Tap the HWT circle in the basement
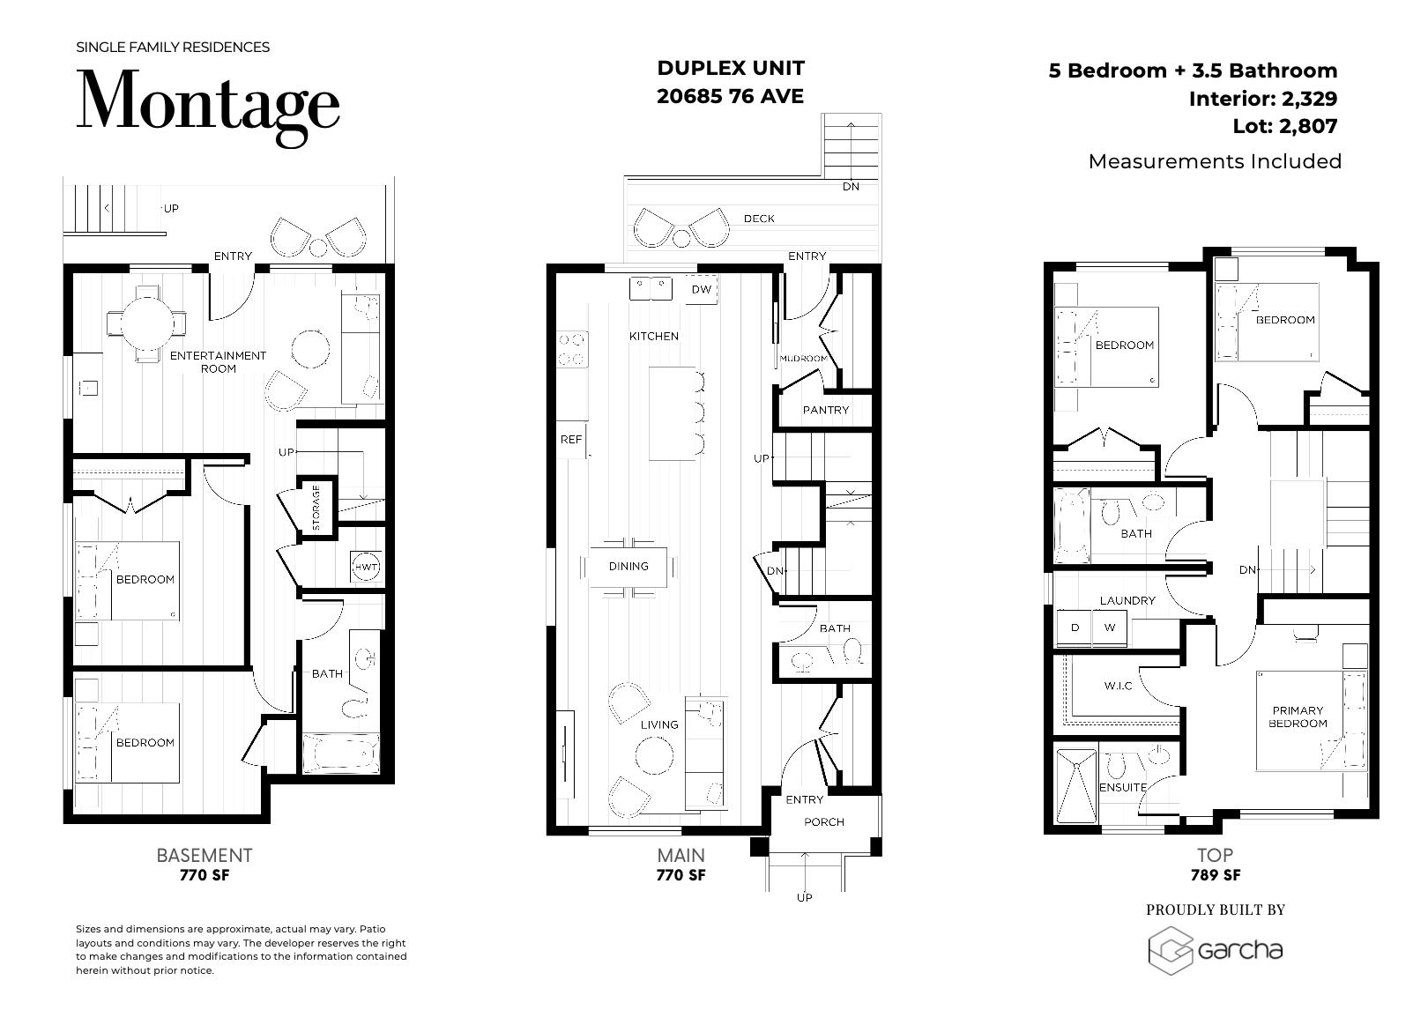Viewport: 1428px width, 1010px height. point(366,568)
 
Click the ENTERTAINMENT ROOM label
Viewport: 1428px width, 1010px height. point(218,361)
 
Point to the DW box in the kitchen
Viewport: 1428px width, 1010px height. point(701,290)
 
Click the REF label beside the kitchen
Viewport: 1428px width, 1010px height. point(571,439)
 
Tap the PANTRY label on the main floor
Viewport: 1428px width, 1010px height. point(825,410)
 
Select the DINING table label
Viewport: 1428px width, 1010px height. point(628,566)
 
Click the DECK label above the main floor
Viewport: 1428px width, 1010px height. point(759,219)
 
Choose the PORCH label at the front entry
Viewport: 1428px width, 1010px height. point(824,821)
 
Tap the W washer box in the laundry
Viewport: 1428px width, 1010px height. point(1110,628)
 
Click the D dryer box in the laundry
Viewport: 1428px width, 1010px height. point(1075,628)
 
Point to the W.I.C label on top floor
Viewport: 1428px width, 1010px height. point(1118,686)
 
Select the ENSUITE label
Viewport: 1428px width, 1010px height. point(1123,787)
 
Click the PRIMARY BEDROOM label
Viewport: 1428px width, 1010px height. point(1298,717)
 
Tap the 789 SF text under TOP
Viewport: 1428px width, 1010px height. point(1216,875)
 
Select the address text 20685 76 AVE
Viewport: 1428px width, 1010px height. point(730,96)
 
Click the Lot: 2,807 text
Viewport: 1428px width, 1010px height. point(1284,126)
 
